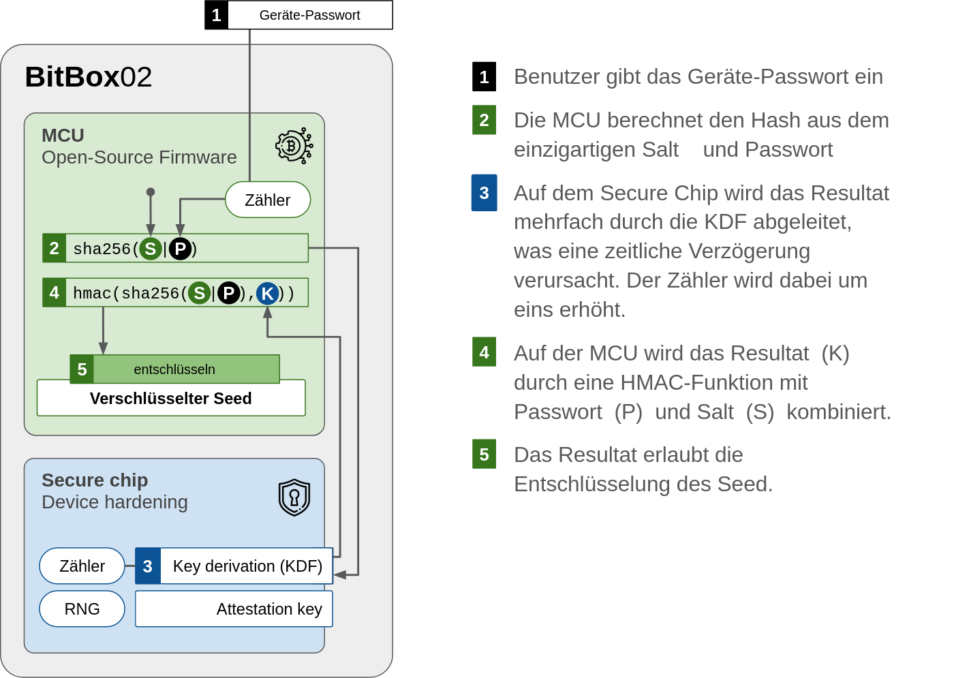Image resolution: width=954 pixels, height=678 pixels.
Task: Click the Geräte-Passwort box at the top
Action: click(298, 15)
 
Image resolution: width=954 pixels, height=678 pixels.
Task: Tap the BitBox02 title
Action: click(88, 77)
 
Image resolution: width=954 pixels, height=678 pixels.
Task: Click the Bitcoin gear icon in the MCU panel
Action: click(294, 146)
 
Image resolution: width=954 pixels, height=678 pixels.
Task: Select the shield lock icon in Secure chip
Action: click(294, 497)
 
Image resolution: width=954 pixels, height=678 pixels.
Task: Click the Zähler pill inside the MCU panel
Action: click(268, 200)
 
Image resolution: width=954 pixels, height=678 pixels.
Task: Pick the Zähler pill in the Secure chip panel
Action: click(82, 566)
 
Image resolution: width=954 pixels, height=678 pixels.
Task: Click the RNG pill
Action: click(82, 609)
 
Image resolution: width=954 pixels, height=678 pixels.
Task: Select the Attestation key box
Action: click(234, 609)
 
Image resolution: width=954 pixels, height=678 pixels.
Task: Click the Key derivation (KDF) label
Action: click(247, 566)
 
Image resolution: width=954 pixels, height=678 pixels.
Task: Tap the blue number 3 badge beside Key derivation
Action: click(148, 566)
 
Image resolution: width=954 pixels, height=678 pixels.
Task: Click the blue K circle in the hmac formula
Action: click(267, 293)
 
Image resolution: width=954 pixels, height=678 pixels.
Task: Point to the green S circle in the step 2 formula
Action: click(151, 249)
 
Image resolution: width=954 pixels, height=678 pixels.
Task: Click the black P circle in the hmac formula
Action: click(229, 293)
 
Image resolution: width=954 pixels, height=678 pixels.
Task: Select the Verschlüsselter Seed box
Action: click(171, 398)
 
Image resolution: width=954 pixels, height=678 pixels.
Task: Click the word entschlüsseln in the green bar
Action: click(174, 369)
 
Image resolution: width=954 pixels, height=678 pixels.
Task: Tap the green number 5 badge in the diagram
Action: click(82, 369)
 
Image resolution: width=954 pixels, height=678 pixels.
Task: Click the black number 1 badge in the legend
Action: click(484, 76)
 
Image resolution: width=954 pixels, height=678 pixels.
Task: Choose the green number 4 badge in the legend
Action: click(484, 352)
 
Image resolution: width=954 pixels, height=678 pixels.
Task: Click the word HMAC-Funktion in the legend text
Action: click(714, 382)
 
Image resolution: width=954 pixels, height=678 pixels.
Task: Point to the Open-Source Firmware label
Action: click(139, 157)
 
